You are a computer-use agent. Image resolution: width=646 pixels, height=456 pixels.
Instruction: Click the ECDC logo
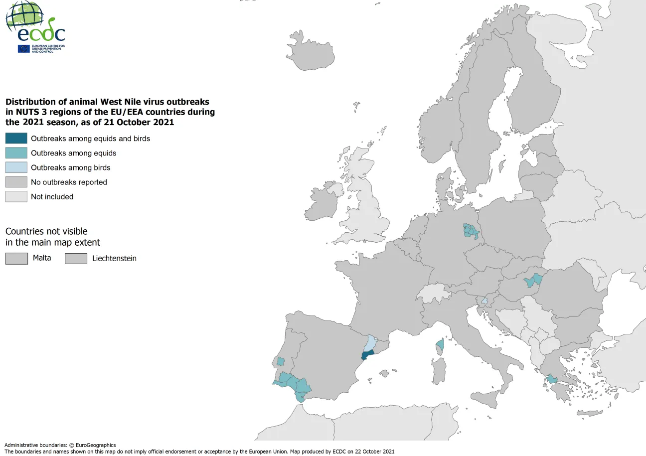[35, 27]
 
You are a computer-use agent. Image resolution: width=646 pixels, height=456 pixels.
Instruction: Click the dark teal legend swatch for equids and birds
[16, 139]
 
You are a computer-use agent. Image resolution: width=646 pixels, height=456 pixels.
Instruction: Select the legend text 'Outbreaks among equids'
[73, 153]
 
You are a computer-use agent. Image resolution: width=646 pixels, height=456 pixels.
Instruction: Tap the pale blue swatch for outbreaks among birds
[16, 167]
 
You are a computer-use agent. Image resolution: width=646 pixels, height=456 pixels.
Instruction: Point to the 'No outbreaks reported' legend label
[69, 182]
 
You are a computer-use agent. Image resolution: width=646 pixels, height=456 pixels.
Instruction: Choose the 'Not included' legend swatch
[16, 196]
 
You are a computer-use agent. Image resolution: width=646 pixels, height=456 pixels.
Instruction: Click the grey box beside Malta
[16, 258]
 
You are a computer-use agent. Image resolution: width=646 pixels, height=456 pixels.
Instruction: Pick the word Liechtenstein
[114, 259]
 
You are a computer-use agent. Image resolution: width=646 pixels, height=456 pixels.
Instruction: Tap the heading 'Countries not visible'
[46, 232]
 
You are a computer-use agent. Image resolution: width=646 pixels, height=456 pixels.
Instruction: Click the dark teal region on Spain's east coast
[367, 355]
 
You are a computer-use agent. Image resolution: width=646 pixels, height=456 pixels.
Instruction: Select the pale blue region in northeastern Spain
[370, 342]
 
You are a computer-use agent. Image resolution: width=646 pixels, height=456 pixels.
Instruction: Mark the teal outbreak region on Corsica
[440, 344]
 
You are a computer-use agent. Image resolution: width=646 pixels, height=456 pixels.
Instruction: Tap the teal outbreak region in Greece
[552, 379]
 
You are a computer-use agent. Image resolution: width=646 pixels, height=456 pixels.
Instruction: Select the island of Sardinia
[439, 371]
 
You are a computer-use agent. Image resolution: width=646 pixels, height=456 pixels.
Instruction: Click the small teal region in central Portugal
[281, 361]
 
